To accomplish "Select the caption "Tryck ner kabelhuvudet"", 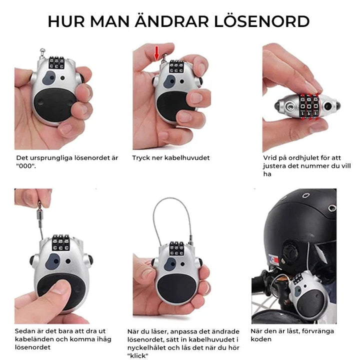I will (x=170, y=158).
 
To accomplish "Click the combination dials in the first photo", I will (x=56, y=62).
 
